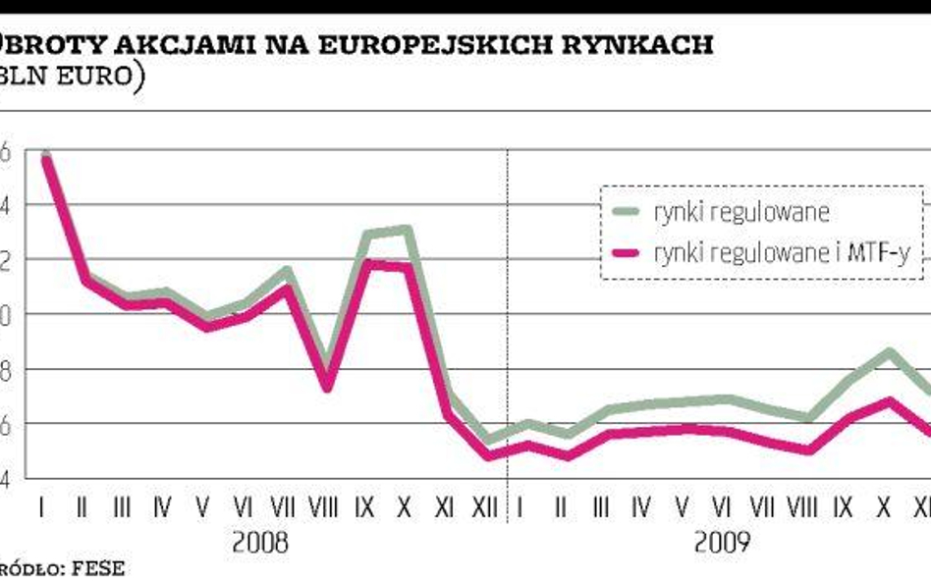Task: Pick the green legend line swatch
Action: [627, 211]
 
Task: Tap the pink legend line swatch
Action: [627, 253]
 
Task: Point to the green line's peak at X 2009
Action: [889, 351]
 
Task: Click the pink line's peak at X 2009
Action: [889, 400]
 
